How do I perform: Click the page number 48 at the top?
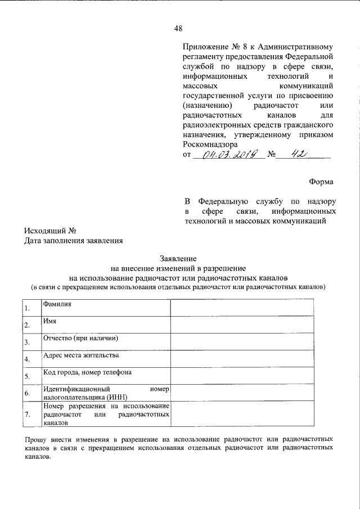coord(179,29)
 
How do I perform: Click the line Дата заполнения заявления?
coord(73,241)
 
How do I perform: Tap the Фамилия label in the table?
coord(57,304)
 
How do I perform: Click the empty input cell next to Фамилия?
coord(254,308)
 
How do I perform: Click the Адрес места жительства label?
coord(80,355)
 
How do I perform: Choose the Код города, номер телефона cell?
coord(87,372)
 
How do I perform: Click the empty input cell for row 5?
coord(254,376)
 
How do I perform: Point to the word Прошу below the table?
coord(35,439)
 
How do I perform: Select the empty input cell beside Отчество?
coord(254,342)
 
